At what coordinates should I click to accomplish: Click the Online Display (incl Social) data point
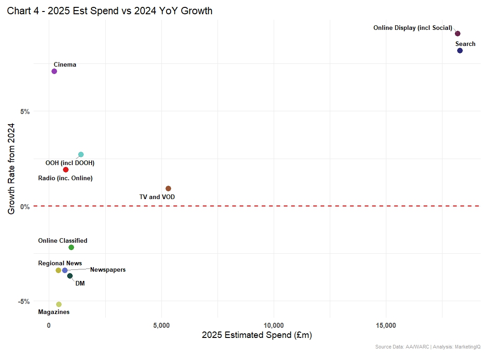click(x=458, y=34)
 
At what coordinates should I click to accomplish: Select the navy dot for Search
click(x=460, y=51)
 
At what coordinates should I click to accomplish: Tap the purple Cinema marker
click(x=54, y=71)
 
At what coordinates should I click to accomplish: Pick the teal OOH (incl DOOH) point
click(x=81, y=154)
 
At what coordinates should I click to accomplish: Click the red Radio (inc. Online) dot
click(x=66, y=170)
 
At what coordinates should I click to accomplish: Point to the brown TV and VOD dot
click(x=168, y=189)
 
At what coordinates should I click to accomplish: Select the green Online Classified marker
click(x=71, y=247)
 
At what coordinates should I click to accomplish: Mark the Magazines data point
click(x=59, y=304)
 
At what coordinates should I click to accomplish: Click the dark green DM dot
click(x=70, y=276)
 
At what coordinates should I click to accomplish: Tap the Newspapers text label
click(x=108, y=270)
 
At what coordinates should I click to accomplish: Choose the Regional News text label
click(x=60, y=263)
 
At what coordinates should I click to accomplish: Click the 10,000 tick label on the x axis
click(x=274, y=326)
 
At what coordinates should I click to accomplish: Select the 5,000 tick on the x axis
click(x=161, y=326)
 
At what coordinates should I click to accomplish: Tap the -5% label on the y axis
click(x=24, y=301)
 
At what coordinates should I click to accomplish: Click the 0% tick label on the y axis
click(x=25, y=206)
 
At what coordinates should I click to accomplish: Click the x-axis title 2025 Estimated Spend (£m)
click(x=257, y=336)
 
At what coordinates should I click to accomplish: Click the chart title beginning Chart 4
click(x=109, y=11)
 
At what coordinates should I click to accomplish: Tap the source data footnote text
click(x=428, y=347)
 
